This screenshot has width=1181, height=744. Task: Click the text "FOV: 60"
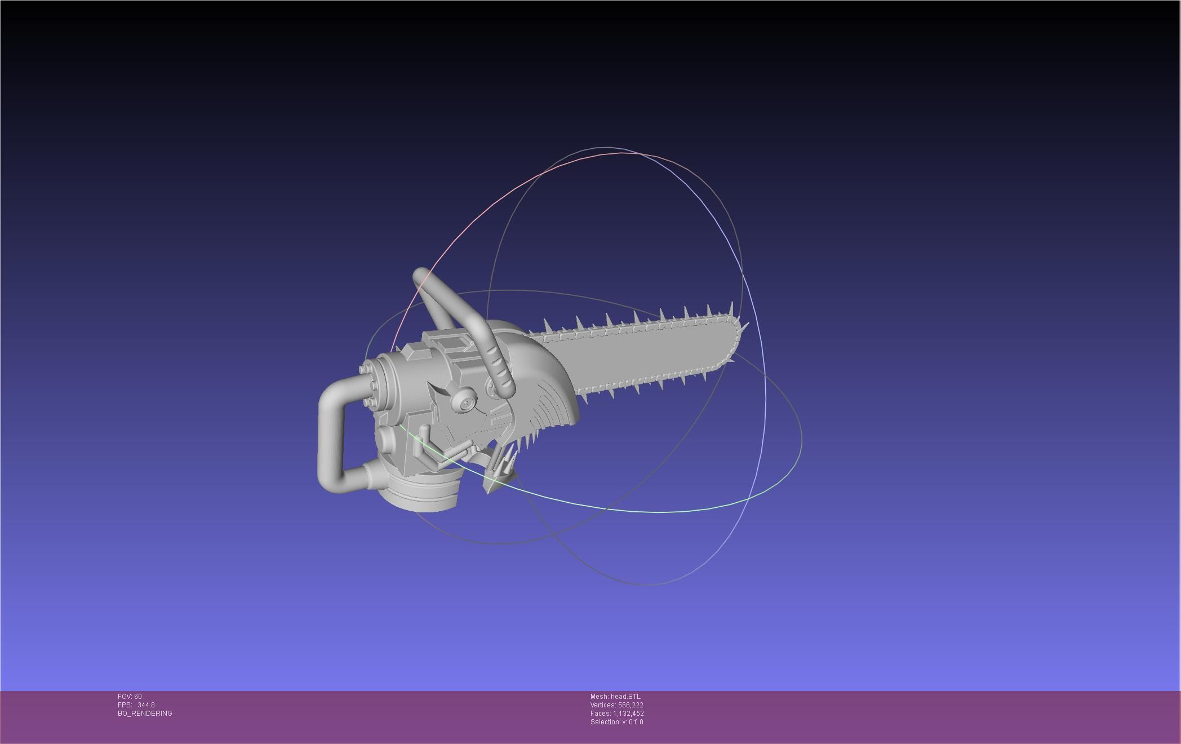pyautogui.click(x=130, y=697)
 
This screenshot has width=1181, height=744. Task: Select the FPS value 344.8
pyautogui.click(x=145, y=705)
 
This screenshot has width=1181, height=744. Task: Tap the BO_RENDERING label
pyautogui.click(x=145, y=714)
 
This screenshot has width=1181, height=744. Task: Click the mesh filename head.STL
pyautogui.click(x=625, y=697)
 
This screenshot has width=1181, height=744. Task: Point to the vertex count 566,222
pyautogui.click(x=631, y=705)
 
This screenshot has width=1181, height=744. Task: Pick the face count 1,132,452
pyautogui.click(x=628, y=714)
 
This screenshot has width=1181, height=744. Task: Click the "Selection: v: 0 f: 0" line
pyautogui.click(x=616, y=722)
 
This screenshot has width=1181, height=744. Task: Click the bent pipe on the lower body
pyautogui.click(x=434, y=451)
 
